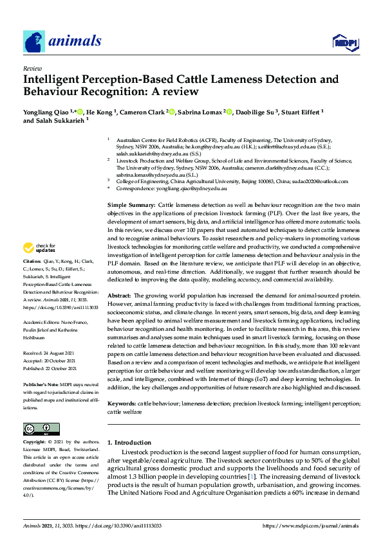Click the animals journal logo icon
[35, 42]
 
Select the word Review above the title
[32, 67]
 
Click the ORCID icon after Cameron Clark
[173, 111]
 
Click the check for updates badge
[39, 248]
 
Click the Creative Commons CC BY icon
[37, 429]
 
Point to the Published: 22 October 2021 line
[52, 368]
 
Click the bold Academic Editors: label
[41, 324]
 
